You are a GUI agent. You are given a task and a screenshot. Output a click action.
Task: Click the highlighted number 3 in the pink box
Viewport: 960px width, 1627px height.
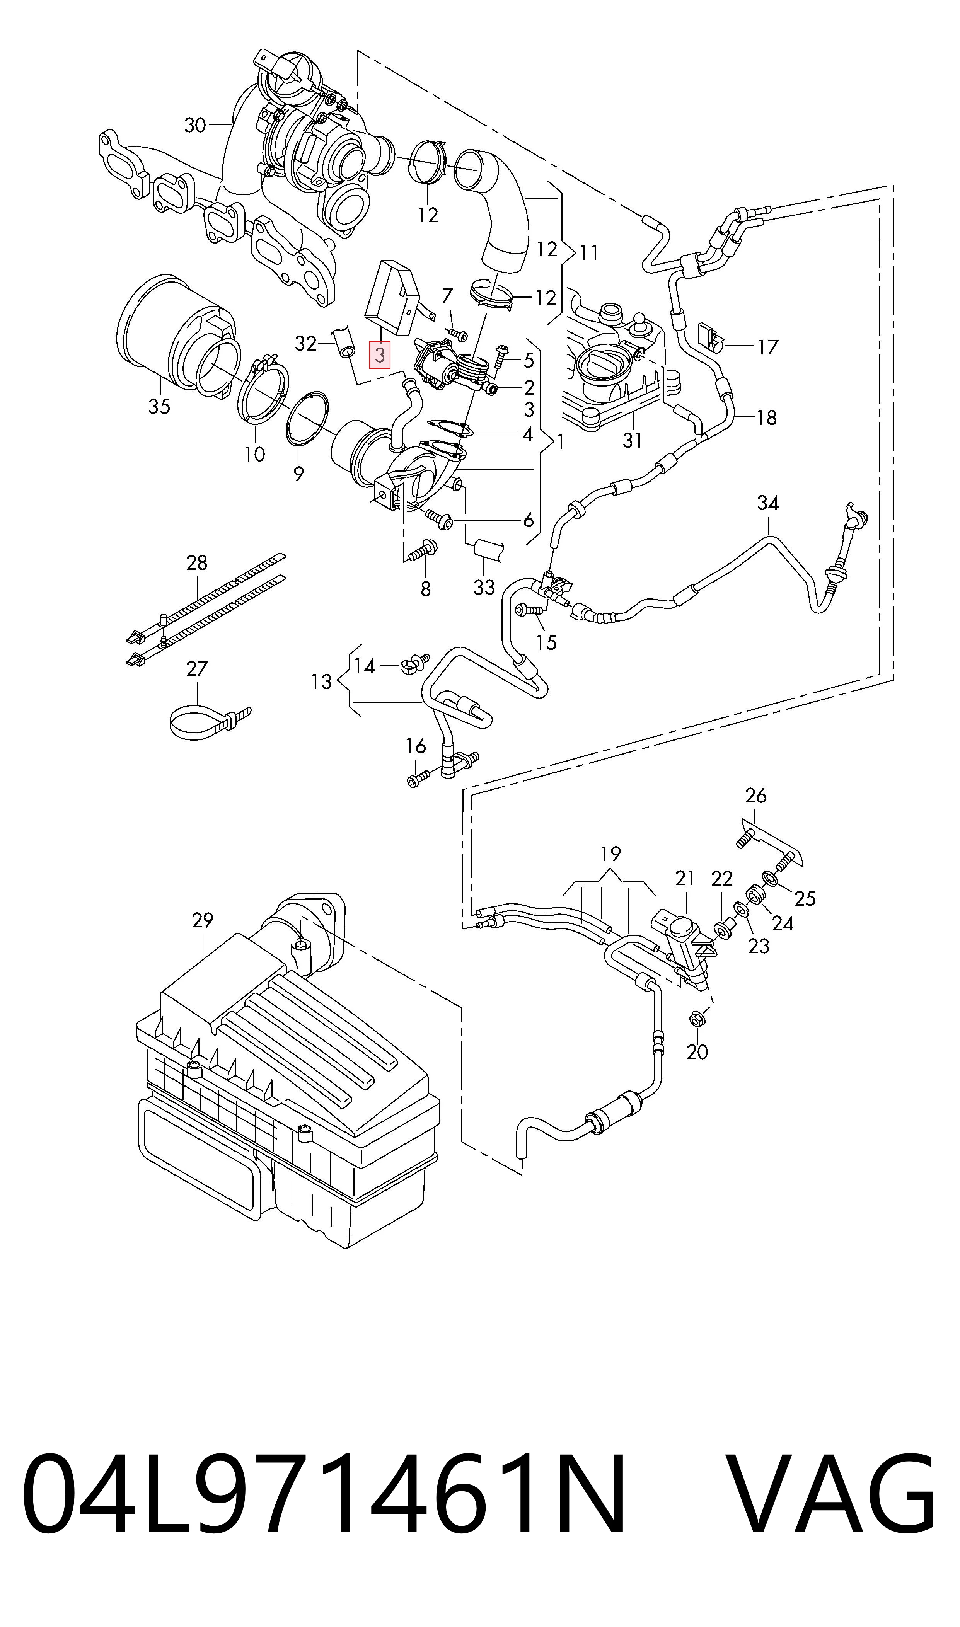pos(380,355)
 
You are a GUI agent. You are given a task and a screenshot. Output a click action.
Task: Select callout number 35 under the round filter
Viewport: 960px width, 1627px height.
pos(159,406)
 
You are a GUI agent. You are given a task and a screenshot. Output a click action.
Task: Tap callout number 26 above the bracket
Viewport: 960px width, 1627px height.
pos(755,796)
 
